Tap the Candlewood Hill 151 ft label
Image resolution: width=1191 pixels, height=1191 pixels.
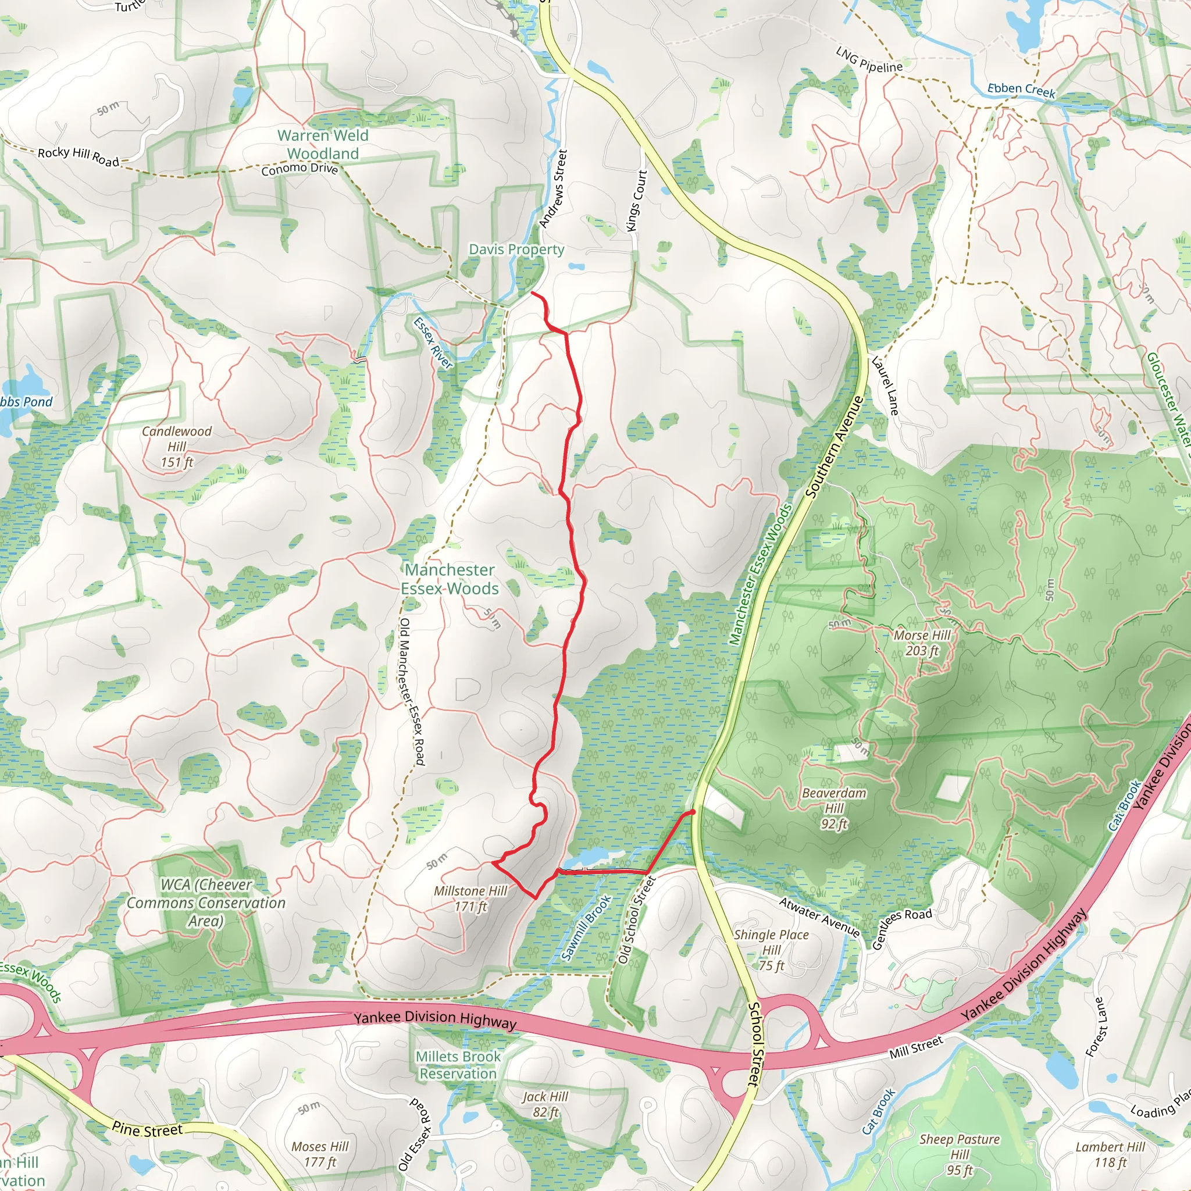click(x=176, y=446)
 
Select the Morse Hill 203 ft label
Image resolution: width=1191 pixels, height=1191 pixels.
click(x=922, y=643)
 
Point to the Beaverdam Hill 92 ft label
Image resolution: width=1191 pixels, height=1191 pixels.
click(x=833, y=808)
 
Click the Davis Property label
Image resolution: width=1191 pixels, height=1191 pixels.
click(x=516, y=249)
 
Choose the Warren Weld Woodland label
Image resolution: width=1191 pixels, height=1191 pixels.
click(x=322, y=144)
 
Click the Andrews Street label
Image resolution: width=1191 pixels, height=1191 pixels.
click(x=552, y=188)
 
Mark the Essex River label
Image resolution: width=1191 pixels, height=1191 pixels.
click(x=433, y=343)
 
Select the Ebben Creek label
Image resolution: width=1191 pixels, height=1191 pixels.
click(x=1021, y=90)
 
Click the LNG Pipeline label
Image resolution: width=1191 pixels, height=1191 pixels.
click(x=869, y=59)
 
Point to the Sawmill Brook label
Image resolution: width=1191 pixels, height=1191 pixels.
click(x=586, y=928)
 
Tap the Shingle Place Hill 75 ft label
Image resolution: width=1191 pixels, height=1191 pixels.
click(x=771, y=950)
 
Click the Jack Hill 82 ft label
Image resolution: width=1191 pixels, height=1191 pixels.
click(x=545, y=1104)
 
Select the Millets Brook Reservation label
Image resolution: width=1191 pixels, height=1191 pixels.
click(x=458, y=1065)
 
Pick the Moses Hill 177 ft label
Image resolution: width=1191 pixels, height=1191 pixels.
click(x=319, y=1154)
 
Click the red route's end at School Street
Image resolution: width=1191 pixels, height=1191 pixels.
click(x=693, y=812)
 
